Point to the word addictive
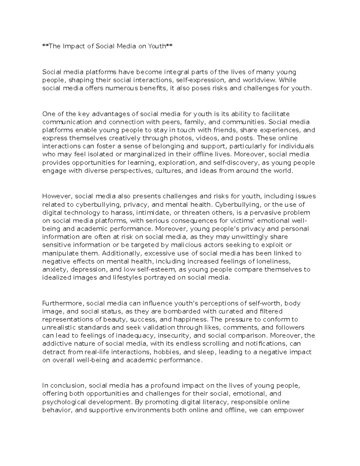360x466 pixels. pyautogui.click(x=55, y=344)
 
